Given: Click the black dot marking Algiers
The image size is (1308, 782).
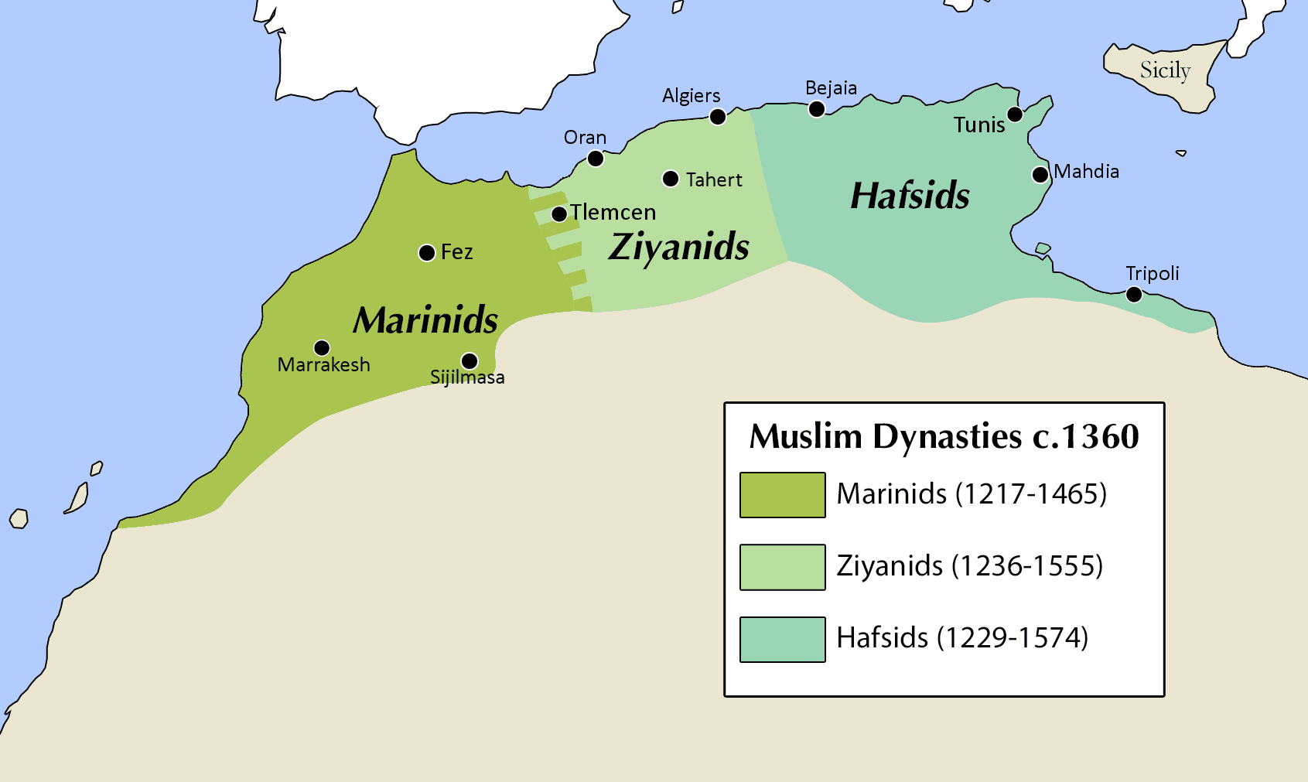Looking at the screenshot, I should (x=718, y=117).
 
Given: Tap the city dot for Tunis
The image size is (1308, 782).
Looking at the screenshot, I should (x=1015, y=114).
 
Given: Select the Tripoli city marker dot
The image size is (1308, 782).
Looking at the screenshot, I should (x=1134, y=294).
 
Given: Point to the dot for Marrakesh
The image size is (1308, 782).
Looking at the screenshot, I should (x=322, y=348).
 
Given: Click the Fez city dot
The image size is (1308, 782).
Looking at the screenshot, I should (x=426, y=253).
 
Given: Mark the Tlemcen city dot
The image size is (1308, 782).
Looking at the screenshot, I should (x=559, y=214).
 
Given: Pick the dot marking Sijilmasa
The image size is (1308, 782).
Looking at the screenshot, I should (x=470, y=360).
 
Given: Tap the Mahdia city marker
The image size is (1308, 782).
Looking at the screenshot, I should (x=1040, y=175).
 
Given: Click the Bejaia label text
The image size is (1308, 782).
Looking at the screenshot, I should (x=831, y=88).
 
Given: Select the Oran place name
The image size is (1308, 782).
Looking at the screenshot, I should (x=585, y=138).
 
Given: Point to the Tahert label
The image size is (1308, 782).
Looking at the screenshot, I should (x=714, y=180).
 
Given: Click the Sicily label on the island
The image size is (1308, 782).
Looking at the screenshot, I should (x=1165, y=70).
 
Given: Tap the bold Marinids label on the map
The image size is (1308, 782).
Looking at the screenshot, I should (x=425, y=320).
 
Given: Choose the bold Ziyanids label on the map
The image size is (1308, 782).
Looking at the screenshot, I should (x=679, y=248).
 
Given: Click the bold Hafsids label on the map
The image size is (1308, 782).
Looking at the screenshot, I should (x=910, y=196).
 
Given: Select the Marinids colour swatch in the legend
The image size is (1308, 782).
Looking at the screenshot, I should (x=782, y=495).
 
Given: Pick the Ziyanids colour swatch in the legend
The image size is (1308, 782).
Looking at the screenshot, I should (x=782, y=567).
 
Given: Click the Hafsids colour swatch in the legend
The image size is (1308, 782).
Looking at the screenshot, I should (x=782, y=640).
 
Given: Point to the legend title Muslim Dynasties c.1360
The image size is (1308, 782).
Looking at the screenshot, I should (x=944, y=436).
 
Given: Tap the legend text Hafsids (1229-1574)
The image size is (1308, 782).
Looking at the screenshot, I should (x=962, y=638).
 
